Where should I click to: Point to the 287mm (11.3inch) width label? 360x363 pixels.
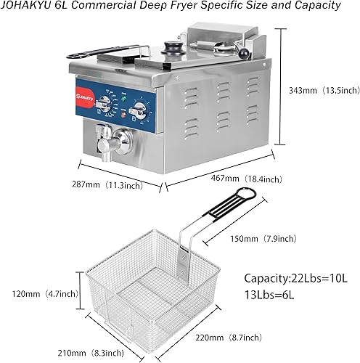pyautogui.click(x=119, y=185)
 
